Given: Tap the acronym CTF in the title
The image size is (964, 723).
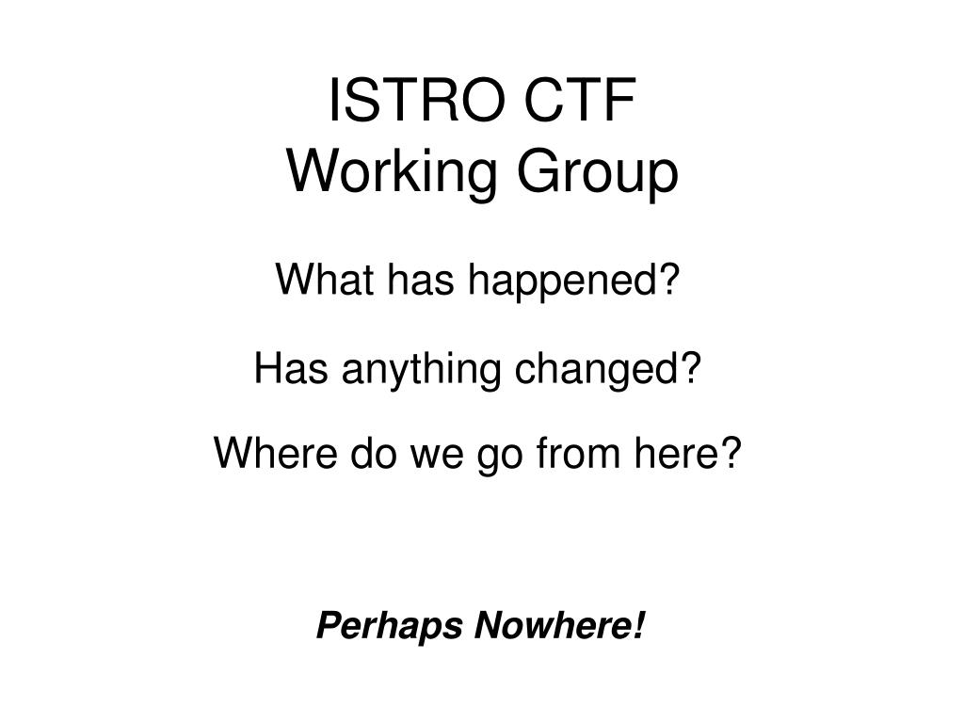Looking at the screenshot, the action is [x=580, y=100].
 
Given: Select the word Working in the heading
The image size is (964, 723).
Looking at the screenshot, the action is [x=393, y=174].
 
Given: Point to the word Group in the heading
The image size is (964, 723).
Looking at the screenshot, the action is [x=597, y=174].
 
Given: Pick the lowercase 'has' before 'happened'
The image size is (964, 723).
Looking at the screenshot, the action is [x=421, y=280].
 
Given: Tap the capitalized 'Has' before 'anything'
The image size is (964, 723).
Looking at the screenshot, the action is [x=291, y=368].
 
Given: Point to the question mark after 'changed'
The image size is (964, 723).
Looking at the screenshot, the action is [x=688, y=368].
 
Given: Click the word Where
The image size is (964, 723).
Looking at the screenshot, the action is [x=276, y=453].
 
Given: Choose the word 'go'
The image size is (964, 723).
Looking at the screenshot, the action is [x=499, y=459].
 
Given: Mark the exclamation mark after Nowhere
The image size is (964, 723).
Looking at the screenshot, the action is [x=638, y=625].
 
